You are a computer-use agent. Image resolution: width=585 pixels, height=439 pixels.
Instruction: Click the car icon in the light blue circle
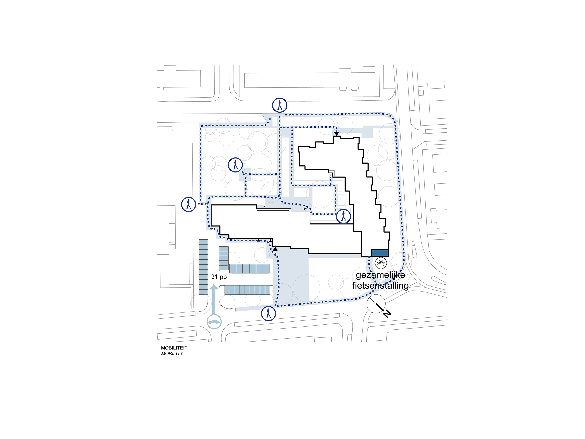point(214,322)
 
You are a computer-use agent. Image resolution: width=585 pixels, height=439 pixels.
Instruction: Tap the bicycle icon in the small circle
point(381,263)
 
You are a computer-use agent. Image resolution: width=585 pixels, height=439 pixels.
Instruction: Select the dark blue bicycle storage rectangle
point(379,253)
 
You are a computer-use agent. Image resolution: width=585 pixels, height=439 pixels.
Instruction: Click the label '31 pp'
point(219,277)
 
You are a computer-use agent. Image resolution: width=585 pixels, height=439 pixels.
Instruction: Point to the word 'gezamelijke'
point(380,275)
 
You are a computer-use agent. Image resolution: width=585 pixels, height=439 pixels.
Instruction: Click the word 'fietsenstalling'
point(380,285)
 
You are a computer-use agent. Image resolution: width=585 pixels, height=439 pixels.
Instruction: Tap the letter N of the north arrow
point(387,314)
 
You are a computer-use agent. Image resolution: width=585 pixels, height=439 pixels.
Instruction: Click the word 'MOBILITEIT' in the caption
point(174,348)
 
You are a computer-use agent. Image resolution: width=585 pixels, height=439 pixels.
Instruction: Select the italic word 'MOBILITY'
point(172,354)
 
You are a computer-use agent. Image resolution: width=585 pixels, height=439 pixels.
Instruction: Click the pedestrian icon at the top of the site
point(280,105)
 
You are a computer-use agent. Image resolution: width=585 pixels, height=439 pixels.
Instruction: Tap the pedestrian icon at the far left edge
point(188,204)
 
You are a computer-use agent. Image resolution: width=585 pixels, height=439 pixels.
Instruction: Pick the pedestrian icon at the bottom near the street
point(268,314)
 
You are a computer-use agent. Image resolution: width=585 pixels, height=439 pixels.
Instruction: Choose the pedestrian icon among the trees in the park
point(235,165)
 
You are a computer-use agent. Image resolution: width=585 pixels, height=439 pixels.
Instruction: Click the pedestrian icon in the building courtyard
point(343,216)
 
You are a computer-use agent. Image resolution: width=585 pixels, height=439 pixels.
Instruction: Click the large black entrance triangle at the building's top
point(336,133)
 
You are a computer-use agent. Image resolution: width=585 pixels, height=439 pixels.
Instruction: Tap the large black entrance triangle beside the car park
point(275,248)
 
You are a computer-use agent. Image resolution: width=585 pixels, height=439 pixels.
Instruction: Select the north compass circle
point(376,303)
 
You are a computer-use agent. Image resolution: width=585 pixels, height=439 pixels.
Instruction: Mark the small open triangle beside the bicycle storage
point(369,257)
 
